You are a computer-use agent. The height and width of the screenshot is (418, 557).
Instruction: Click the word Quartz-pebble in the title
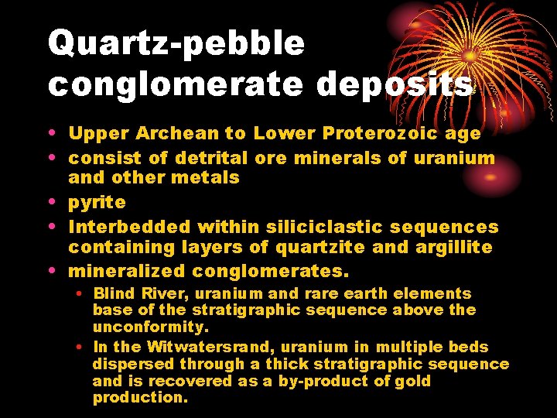coord(176,43)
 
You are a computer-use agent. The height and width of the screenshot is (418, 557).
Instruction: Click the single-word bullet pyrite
coord(97,202)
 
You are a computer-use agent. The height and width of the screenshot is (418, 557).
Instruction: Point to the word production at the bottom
coord(139,398)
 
